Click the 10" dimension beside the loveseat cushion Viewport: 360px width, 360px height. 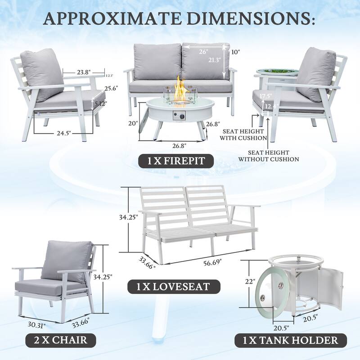pyautogui.click(x=236, y=52)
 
